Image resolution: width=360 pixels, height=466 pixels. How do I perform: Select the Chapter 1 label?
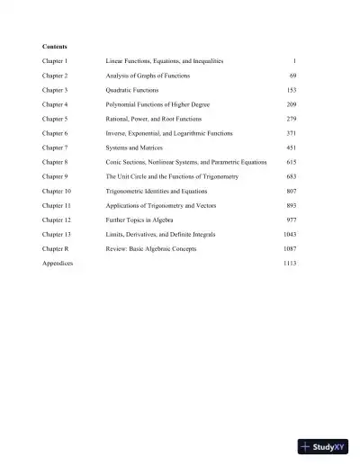55,61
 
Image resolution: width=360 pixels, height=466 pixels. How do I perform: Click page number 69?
292,76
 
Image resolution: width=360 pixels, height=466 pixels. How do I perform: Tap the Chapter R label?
55,249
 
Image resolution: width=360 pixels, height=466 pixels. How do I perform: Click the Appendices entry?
58,264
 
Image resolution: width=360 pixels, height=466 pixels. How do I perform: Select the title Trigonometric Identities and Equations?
158,192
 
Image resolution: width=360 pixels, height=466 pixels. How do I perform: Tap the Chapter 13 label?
57,235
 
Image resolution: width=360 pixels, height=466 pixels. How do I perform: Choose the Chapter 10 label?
57,192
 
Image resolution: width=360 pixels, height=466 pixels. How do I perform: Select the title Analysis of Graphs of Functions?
148,76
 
